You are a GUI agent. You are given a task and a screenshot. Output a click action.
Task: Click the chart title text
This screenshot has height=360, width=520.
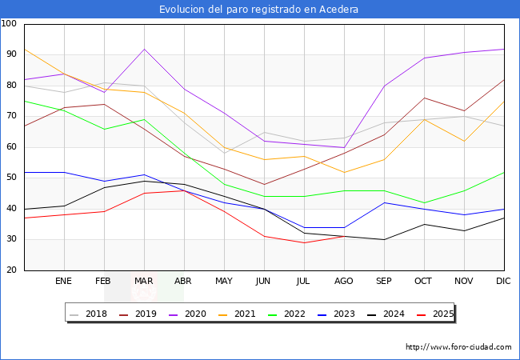coord(258,10)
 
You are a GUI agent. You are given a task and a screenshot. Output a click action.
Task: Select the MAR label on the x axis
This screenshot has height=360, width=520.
coord(144,282)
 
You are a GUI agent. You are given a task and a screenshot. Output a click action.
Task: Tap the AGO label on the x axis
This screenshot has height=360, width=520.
coord(344,282)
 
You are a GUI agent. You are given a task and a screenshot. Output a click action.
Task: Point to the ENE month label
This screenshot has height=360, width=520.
coord(64,282)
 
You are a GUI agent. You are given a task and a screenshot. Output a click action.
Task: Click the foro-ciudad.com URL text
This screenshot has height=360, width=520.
coord(458,347)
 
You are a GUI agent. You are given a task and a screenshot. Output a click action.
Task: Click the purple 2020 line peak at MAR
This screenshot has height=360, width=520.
coord(144,50)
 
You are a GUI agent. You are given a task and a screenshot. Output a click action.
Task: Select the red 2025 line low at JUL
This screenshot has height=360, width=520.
coord(304,242)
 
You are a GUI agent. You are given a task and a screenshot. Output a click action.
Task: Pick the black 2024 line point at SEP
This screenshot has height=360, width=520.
coord(384,239)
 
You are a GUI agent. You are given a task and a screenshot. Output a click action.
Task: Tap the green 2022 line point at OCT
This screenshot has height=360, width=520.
coord(424,202)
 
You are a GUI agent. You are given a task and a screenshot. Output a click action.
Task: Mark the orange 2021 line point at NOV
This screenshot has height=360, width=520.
coord(464,141)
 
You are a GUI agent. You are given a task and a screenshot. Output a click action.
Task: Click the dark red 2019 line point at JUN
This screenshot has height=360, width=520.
coord(264,184)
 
